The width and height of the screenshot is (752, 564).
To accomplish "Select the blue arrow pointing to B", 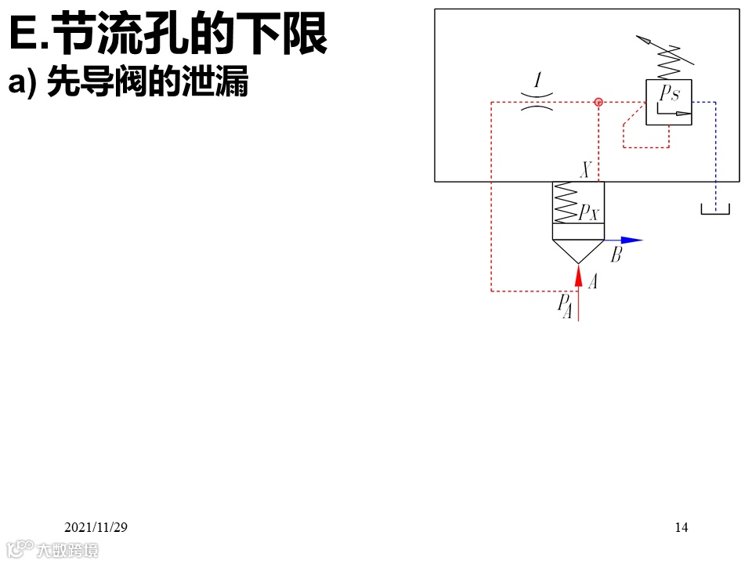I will (x=631, y=240).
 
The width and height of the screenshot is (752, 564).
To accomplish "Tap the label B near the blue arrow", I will (x=616, y=255).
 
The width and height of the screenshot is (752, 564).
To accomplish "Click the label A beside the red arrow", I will (x=592, y=282).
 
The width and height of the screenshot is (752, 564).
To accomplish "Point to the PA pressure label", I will (x=564, y=306).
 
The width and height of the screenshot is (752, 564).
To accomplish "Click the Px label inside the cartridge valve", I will (x=589, y=211).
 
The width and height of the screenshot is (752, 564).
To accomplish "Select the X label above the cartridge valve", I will (x=584, y=170).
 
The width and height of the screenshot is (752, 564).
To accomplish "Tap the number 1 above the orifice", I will (x=537, y=81).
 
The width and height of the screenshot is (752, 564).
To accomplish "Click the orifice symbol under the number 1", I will (x=537, y=102).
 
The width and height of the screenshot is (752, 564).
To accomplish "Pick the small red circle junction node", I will (x=598, y=102).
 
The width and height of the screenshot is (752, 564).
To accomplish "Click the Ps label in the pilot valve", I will (x=669, y=94).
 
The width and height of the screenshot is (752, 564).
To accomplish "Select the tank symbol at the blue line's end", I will (x=715, y=208).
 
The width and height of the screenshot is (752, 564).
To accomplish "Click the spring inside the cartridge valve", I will (x=566, y=202).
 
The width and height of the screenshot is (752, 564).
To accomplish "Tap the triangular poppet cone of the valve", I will (x=578, y=250).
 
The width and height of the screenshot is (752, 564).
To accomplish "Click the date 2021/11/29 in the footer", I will (x=96, y=527).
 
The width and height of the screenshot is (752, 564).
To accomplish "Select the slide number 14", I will (x=681, y=527).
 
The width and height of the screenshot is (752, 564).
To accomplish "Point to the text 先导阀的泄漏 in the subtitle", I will (x=147, y=82).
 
